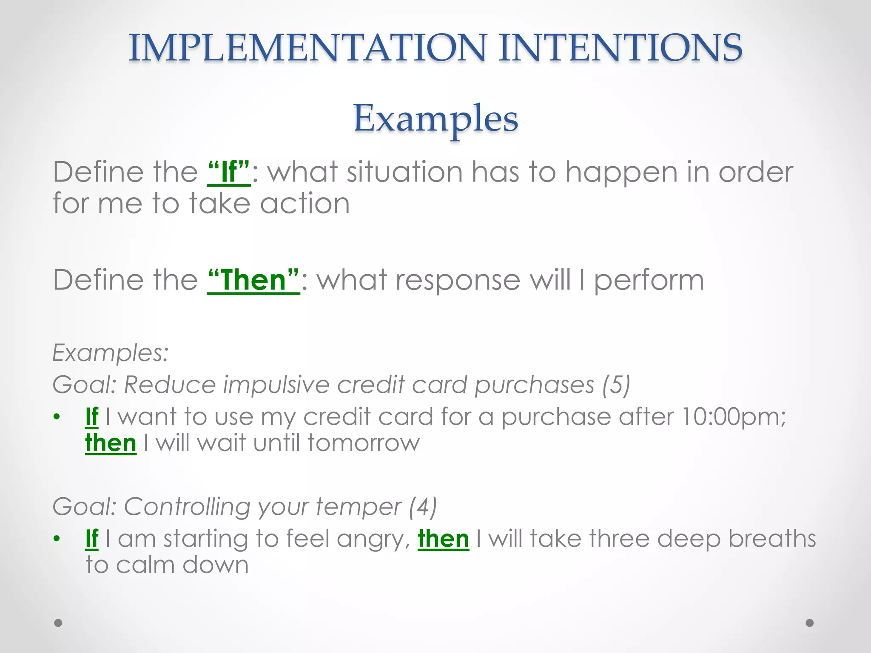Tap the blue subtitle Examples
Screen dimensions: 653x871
coord(435,118)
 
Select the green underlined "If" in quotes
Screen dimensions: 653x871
coord(229,172)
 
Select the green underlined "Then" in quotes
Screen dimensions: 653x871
coord(253,280)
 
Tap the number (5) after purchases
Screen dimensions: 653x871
coord(616,385)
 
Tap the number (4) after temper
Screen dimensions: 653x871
coord(422,507)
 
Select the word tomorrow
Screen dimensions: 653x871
coord(364,443)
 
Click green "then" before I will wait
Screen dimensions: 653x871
coord(111,443)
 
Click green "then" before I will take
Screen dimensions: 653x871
coord(443,539)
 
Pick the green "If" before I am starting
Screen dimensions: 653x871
coord(92,539)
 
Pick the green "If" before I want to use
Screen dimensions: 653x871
coord(92,417)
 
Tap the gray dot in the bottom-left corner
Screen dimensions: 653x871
coord(58,623)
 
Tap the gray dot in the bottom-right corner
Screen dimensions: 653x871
coord(810,623)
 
